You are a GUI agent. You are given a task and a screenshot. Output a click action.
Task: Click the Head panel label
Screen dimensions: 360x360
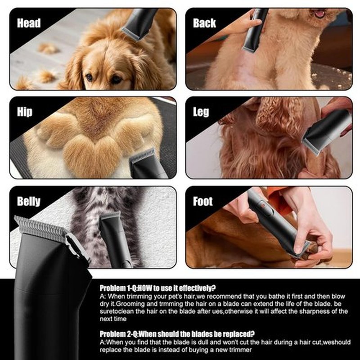click(x=29, y=23)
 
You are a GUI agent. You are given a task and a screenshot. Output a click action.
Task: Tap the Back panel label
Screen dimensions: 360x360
click(x=204, y=23)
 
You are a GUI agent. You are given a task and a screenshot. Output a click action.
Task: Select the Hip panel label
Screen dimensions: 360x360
click(x=25, y=112)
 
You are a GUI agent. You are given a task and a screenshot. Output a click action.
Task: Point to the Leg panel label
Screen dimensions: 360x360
click(x=201, y=112)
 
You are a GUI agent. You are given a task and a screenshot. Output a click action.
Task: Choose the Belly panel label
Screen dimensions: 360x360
click(x=29, y=202)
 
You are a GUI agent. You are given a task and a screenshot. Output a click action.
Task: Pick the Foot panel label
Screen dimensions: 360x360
click(x=203, y=201)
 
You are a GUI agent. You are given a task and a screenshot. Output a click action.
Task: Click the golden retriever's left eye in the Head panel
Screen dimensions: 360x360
click(x=89, y=77)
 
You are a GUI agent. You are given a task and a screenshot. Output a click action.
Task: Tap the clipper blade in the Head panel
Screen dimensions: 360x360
click(x=132, y=34)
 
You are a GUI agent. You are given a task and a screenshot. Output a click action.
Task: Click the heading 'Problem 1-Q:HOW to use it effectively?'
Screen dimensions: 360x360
click(x=158, y=288)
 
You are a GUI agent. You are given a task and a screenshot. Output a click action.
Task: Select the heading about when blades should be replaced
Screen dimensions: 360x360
click(x=177, y=334)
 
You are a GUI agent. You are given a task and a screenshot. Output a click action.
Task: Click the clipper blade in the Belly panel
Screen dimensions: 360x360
click(x=111, y=216)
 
